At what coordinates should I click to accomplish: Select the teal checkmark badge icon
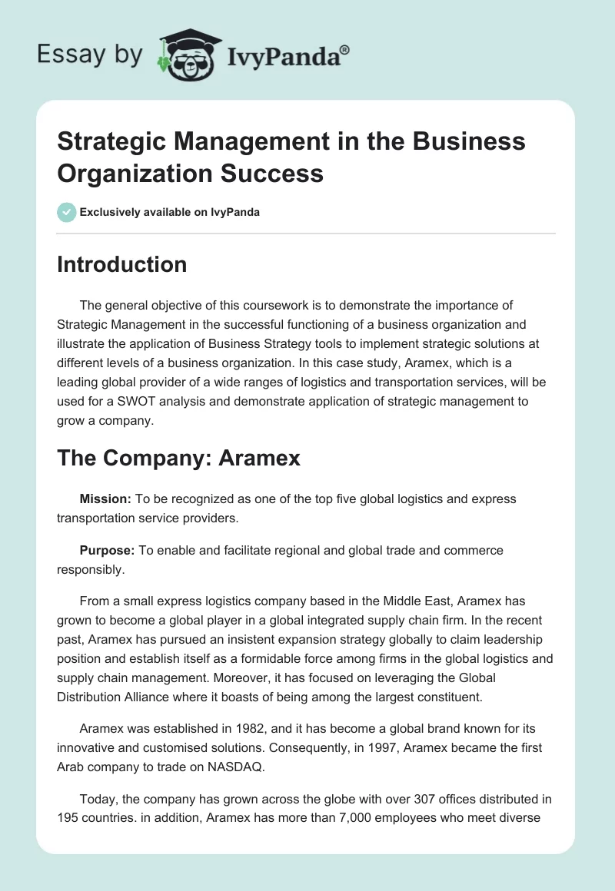[x=66, y=212]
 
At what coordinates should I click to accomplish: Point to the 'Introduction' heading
[x=122, y=264]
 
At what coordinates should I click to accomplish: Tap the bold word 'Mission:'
[x=106, y=499]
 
